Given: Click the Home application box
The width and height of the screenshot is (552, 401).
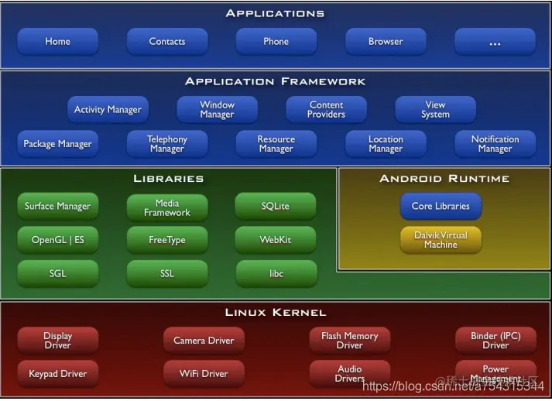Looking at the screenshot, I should tap(57, 42).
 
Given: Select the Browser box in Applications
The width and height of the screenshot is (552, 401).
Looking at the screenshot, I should tap(386, 42).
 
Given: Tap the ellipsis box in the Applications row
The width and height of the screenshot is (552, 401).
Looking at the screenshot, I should tap(495, 42).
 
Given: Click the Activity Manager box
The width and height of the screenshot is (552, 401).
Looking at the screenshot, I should tap(108, 110).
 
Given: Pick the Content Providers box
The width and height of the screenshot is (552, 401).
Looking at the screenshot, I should tap(326, 110).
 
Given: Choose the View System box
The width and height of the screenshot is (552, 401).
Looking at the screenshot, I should tap(435, 110).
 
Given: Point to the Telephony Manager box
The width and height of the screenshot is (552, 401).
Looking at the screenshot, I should tap(167, 144).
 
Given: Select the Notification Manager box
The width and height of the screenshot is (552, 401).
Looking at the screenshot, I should tap(495, 144).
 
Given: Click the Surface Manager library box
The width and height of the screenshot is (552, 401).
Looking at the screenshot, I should tap(57, 207).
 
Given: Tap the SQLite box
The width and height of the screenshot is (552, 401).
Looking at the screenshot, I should tap(275, 207).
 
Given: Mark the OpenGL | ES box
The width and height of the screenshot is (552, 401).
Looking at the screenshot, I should tap(57, 240).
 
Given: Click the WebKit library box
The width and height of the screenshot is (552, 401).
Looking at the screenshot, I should tap(275, 240).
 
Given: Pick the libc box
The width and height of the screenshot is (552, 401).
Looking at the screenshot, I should tap(276, 274).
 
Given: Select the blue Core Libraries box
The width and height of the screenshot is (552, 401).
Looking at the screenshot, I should tap(441, 207).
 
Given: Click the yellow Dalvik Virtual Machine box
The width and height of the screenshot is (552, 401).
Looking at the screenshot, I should tap(441, 239).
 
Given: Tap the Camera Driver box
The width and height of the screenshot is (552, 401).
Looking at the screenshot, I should tap(204, 341).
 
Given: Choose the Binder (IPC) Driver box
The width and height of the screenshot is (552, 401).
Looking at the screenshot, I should tap(495, 341).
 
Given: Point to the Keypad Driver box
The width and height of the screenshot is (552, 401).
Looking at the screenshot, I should tap(57, 374).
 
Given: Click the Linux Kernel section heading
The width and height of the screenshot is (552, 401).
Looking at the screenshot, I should tap(276, 313).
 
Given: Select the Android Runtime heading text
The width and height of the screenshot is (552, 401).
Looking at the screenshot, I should tap(444, 179).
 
